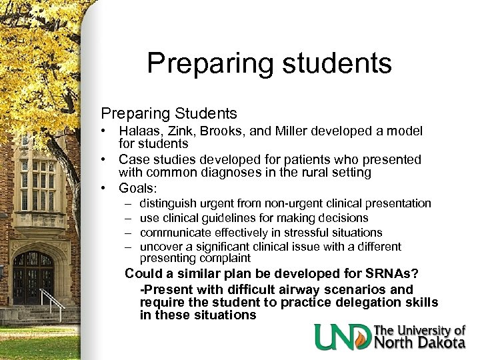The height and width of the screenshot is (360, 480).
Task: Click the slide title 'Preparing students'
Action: [269, 63]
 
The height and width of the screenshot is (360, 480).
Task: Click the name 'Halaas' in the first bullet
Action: [141, 132]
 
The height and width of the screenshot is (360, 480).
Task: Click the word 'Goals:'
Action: [138, 187]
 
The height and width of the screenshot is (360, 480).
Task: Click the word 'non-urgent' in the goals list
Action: [292, 203]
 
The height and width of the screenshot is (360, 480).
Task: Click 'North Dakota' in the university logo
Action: [419, 343]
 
